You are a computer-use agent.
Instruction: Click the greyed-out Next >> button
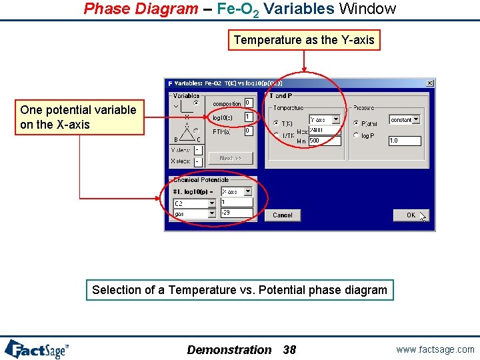(226, 158)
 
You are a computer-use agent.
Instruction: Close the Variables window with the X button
(430, 83)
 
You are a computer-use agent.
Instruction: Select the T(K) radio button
(276, 123)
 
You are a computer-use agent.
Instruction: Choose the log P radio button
(355, 135)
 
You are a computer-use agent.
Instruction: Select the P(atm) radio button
(355, 123)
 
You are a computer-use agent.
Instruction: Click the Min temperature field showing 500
(324, 141)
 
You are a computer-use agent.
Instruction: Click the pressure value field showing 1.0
(404, 141)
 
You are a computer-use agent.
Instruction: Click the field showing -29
(236, 213)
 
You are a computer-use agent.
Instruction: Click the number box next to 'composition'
(248, 103)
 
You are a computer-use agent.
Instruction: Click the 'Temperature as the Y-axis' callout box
(304, 40)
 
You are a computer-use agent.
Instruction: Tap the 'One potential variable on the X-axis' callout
(79, 117)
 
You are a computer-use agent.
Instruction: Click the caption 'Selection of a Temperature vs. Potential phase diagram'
(239, 290)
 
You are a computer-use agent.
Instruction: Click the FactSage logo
(37, 349)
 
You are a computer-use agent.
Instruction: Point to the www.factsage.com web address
(435, 349)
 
